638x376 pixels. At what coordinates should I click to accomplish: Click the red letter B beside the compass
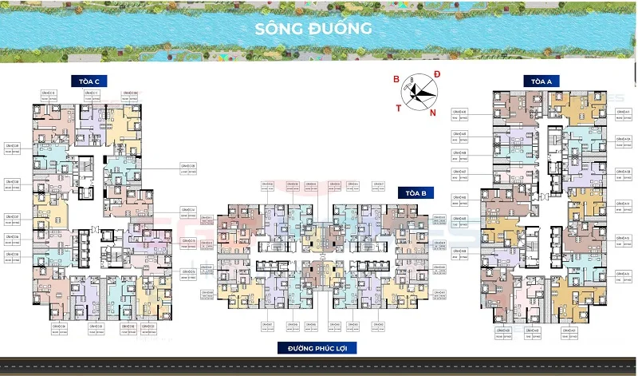pyautogui.click(x=395, y=78)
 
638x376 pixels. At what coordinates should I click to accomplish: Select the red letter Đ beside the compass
pyautogui.click(x=437, y=75)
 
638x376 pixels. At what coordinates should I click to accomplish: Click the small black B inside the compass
pyautogui.click(x=412, y=80)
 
